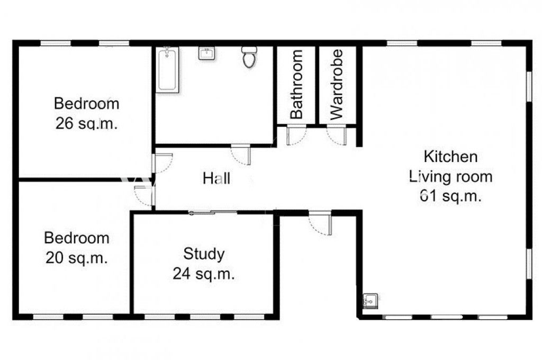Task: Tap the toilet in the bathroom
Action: click(249, 57)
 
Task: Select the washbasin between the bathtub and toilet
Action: click(206, 53)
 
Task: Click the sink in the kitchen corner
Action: click(370, 301)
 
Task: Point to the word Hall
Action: click(216, 178)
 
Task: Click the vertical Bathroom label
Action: click(296, 84)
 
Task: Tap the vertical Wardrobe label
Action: click(336, 84)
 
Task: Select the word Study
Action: click(204, 254)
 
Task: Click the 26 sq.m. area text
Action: click(86, 123)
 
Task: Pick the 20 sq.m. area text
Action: click(76, 258)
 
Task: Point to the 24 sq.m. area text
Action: click(204, 274)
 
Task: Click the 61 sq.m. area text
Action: click(451, 196)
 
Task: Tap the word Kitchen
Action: click(451, 157)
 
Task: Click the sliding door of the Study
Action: click(213, 212)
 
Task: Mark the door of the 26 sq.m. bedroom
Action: click(162, 163)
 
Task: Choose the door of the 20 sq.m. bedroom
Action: click(144, 196)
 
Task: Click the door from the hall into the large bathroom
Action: click(241, 155)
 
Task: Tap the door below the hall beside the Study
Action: click(320, 223)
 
